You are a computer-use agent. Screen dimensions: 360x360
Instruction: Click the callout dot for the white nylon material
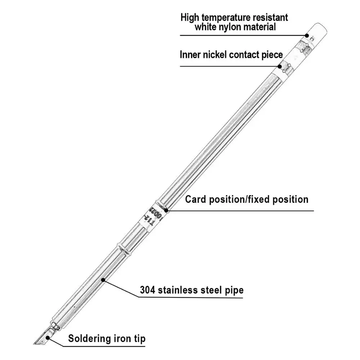(307, 35)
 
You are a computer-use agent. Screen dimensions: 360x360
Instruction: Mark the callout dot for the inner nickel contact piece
(280, 66)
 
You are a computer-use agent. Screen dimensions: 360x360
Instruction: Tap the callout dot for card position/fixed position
(166, 211)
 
